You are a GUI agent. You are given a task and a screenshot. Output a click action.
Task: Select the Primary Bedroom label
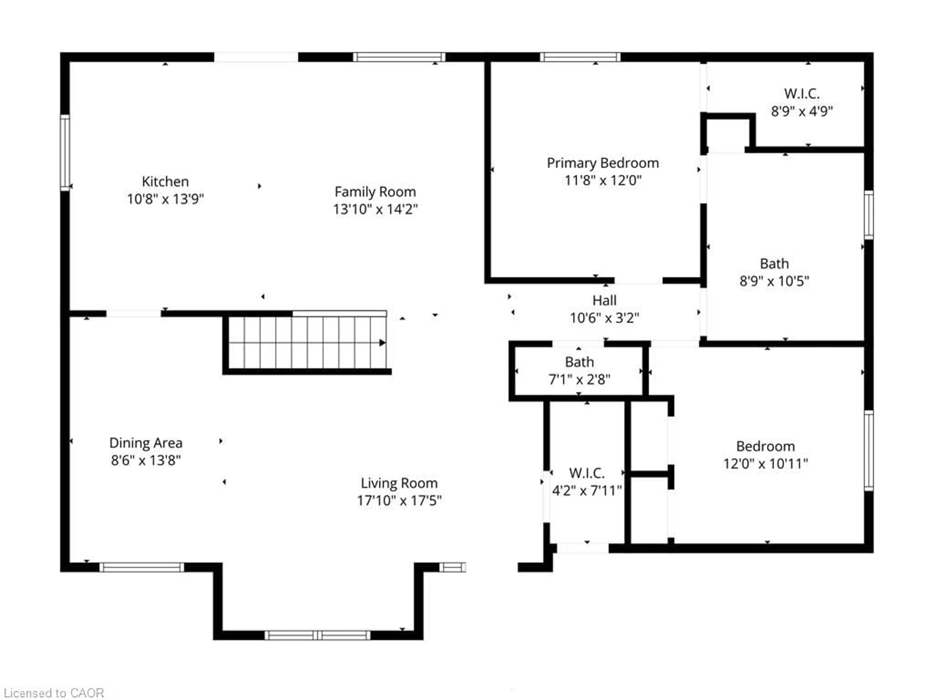[603, 163]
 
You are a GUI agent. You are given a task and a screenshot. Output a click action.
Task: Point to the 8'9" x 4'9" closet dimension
[802, 111]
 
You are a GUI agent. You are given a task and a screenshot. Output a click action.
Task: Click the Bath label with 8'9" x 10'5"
[774, 264]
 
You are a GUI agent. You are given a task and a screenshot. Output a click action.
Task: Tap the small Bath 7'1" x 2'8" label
[579, 362]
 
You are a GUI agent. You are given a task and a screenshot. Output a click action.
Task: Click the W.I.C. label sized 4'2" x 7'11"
[587, 473]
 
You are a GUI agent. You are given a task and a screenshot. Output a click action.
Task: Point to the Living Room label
[399, 483]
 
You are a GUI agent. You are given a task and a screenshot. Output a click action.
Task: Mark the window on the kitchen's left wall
[65, 152]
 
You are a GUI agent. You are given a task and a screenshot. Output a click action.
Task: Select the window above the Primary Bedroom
[580, 57]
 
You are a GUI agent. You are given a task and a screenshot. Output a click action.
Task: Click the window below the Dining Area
[142, 567]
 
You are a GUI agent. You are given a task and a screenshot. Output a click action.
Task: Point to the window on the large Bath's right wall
[868, 215]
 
